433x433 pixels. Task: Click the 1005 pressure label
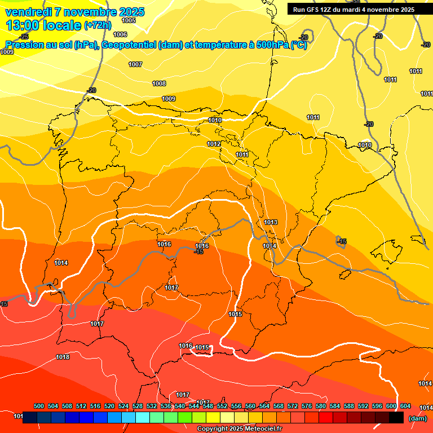pyautogui.click(x=129, y=20)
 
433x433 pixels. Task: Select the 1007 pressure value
pyautogui.click(x=135, y=64)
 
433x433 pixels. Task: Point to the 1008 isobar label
pyautogui.click(x=159, y=83)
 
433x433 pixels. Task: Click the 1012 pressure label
pyautogui.click(x=214, y=144)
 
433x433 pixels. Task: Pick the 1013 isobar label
pyautogui.click(x=271, y=222)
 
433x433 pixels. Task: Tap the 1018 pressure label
pyautogui.click(x=63, y=357)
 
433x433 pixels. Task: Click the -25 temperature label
pyautogui.click(x=24, y=52)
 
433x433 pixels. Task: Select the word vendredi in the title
pyautogui.click(x=29, y=12)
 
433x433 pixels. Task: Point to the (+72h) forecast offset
pyautogui.click(x=98, y=25)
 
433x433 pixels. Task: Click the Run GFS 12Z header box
pyautogui.click(x=354, y=10)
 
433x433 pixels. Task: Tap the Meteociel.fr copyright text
pyautogui.click(x=238, y=429)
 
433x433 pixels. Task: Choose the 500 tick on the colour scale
pyautogui.click(x=39, y=406)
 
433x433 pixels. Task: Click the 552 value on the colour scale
pyautogui.click(x=222, y=406)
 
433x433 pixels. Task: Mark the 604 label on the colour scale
pyautogui.click(x=405, y=406)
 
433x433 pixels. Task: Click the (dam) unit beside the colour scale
pyautogui.click(x=417, y=418)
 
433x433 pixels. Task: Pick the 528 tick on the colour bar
pyautogui.click(x=138, y=406)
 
